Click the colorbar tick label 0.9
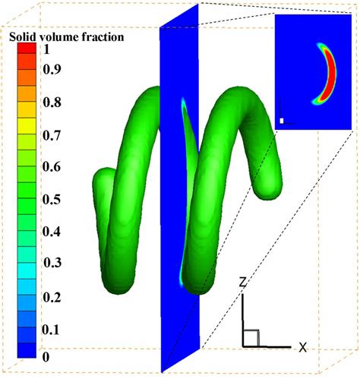[52, 68]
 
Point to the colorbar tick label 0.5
[52, 200]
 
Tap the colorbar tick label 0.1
[51, 330]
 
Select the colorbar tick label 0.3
[52, 262]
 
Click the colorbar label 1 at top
[46, 49]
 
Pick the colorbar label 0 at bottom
[46, 357]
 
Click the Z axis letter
[243, 282]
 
